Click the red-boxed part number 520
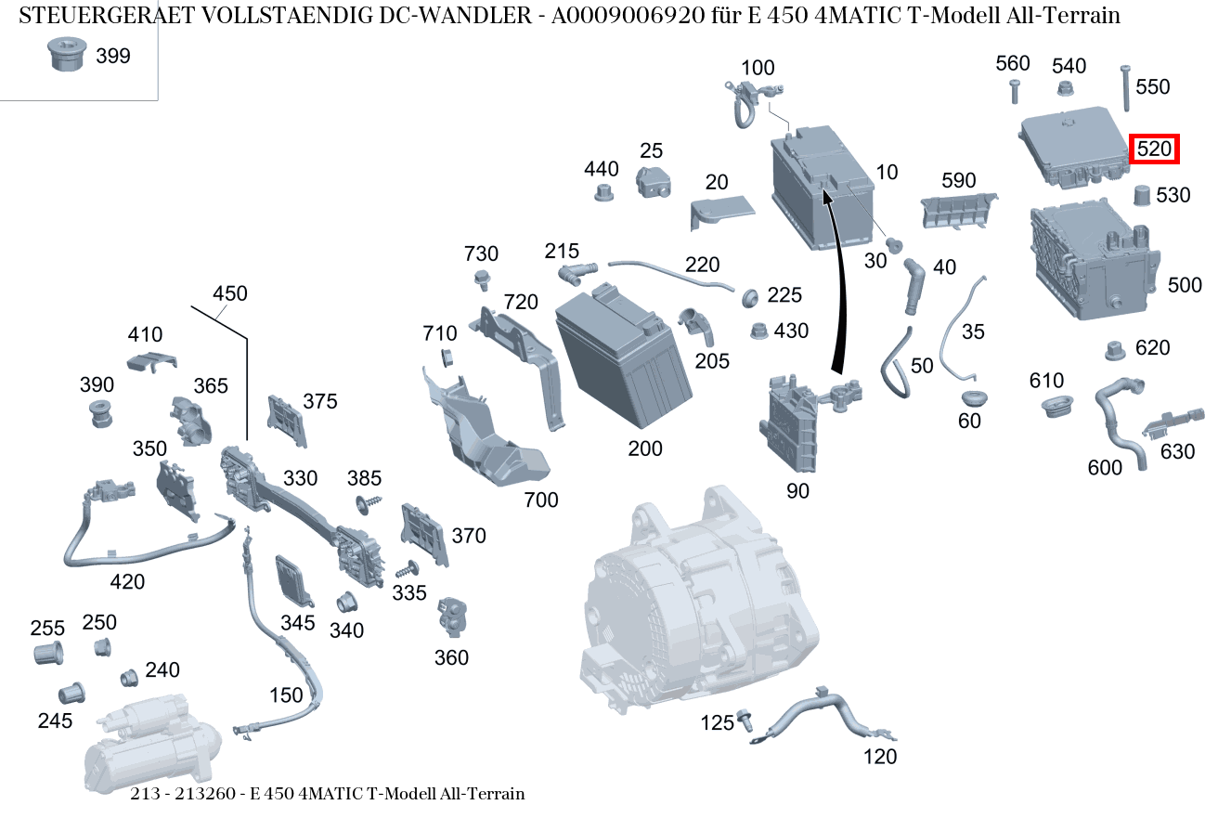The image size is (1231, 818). click(x=1154, y=149)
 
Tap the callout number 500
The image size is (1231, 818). click(x=1184, y=285)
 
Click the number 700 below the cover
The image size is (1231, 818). click(x=540, y=500)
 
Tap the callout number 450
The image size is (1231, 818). click(x=229, y=293)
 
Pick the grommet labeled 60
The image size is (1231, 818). click(x=972, y=398)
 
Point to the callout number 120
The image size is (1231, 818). click(x=880, y=757)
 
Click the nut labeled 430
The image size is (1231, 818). click(x=757, y=331)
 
